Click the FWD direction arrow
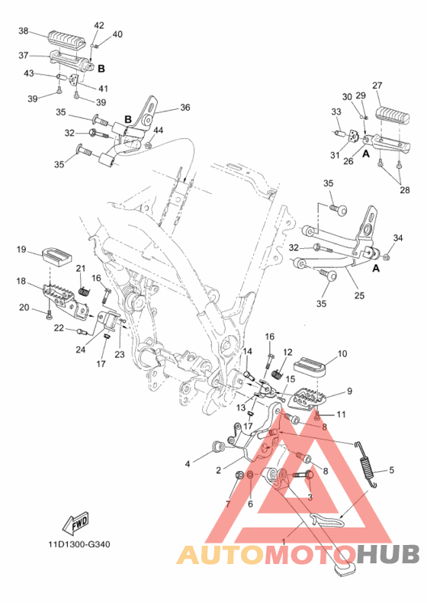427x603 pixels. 76,523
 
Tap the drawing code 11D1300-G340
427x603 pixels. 79,544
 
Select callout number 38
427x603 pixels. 24,31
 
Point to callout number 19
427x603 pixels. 21,250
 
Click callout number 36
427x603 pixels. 185,108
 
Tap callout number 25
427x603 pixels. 359,295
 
